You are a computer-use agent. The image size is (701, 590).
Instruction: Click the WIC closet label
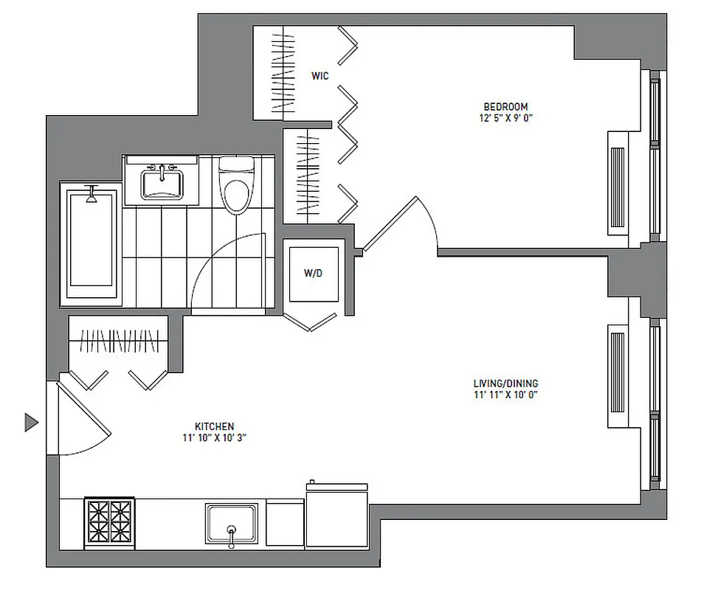pyautogui.click(x=320, y=75)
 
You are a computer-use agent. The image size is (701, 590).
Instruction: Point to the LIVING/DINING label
pyautogui.click(x=505, y=383)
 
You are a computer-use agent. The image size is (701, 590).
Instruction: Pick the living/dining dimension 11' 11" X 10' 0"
pyautogui.click(x=505, y=395)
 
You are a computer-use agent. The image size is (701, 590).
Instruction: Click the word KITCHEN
pyautogui.click(x=214, y=426)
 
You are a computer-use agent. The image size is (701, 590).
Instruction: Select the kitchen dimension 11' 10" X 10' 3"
pyautogui.click(x=214, y=438)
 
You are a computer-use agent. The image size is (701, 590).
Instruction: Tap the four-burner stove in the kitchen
pyautogui.click(x=109, y=521)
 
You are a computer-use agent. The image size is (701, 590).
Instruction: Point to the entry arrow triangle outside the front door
pyautogui.click(x=30, y=422)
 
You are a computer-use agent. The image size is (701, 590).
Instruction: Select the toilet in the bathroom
pyautogui.click(x=236, y=187)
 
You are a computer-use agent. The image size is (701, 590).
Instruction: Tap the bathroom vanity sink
pyautogui.click(x=161, y=181)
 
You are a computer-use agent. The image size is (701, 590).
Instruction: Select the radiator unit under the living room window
pyautogui.click(x=616, y=376)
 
